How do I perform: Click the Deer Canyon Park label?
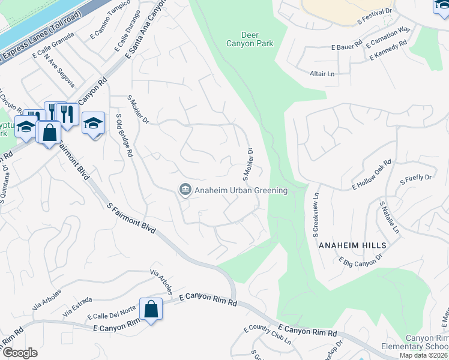click(249, 39)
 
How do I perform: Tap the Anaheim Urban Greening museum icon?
click(185, 190)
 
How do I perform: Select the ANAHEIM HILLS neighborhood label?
click(352, 246)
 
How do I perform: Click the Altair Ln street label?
click(323, 74)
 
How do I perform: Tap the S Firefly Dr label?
click(415, 178)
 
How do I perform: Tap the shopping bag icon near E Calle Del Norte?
click(151, 310)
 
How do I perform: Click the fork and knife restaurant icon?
click(67, 113)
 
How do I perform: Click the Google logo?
click(19, 353)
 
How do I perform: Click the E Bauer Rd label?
click(346, 46)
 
